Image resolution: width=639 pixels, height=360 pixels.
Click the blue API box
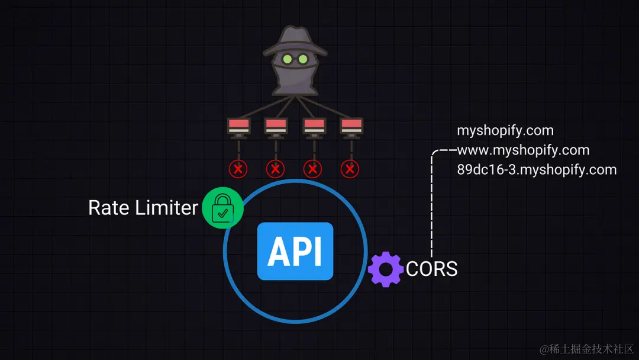(295, 251)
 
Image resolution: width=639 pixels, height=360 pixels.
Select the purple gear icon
(385, 269)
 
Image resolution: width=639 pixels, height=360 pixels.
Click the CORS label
(432, 269)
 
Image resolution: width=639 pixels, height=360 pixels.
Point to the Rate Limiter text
(143, 208)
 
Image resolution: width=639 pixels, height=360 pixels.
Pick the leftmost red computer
(238, 126)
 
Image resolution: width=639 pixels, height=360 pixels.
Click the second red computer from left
(275, 126)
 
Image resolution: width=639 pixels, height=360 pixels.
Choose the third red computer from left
(313, 126)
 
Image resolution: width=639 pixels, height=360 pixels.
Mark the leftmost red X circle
(238, 169)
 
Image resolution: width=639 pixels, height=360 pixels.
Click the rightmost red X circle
(350, 169)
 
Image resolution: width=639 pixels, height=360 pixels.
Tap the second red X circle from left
(275, 169)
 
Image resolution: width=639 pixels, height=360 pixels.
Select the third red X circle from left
(313, 169)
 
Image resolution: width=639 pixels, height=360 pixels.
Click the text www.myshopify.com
(522, 150)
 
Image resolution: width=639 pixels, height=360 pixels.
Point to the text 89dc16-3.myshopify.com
(536, 170)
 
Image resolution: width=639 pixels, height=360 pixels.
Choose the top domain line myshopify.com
(505, 131)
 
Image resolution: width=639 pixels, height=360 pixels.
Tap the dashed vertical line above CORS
(432, 207)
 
